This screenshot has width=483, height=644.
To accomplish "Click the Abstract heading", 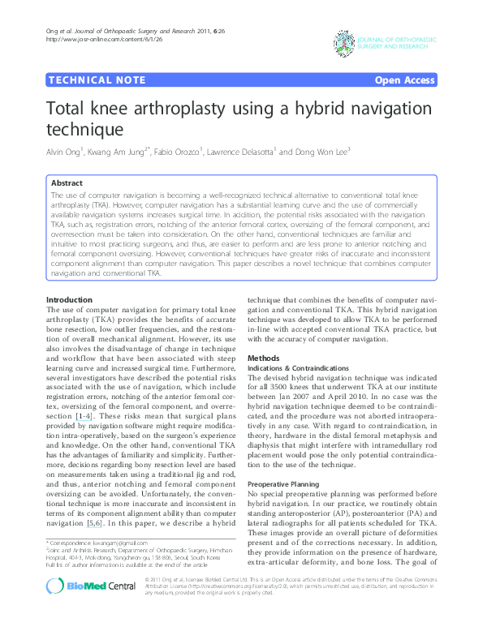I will coord(67,183).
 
